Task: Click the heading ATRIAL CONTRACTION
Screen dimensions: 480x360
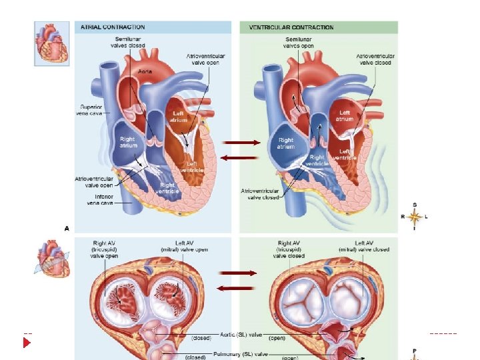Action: (113, 27)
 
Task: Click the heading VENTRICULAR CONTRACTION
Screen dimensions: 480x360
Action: (291, 27)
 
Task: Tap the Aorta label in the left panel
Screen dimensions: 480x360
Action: (145, 70)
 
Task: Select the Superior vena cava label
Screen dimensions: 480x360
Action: (90, 110)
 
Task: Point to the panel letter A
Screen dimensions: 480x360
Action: (67, 228)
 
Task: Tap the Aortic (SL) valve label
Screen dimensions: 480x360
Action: (241, 331)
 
